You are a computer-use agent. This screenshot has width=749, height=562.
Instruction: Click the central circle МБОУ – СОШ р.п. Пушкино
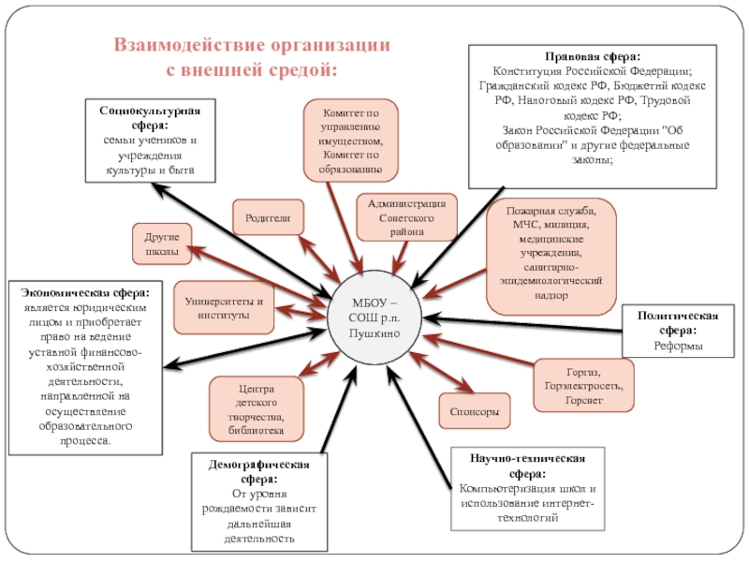374,319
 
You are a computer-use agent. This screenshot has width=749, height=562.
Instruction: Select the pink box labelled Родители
268,217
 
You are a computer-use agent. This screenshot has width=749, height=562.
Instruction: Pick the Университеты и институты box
224,307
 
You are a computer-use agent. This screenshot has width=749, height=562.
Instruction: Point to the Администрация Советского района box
406,216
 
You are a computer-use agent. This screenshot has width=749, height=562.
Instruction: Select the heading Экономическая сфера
92,291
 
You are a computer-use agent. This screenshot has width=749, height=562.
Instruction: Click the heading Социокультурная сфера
151,117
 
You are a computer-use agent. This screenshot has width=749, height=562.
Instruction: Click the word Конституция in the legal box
529,71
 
